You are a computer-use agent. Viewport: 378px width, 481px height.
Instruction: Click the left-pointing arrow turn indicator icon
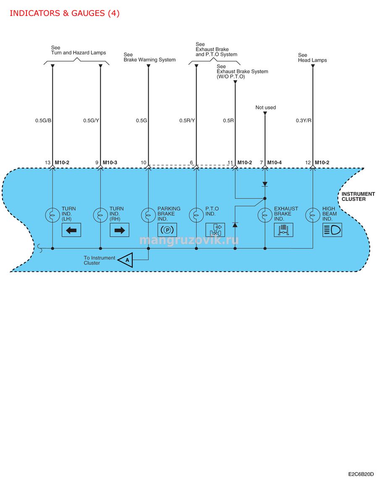[x=71, y=230]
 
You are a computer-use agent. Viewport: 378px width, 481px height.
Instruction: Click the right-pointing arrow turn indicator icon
[x=120, y=230]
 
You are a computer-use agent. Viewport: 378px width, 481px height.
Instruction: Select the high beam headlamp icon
[x=332, y=230]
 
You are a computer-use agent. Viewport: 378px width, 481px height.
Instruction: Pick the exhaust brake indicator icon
[x=283, y=230]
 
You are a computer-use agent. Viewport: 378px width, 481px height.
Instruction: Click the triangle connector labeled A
[x=126, y=260]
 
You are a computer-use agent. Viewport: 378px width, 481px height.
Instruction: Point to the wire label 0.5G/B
[x=43, y=120]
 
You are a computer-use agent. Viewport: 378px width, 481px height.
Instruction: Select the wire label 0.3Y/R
[x=304, y=120]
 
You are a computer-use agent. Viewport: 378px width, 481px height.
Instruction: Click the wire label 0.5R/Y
[x=187, y=120]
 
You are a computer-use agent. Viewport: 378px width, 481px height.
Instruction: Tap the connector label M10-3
[x=110, y=163]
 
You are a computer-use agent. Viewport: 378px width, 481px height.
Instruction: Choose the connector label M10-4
[x=274, y=163]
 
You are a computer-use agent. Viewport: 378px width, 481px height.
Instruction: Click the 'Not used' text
[x=265, y=107]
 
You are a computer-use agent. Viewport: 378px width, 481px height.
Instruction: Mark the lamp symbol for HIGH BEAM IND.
[x=312, y=216]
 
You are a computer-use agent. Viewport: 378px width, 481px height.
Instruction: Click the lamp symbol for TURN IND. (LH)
[x=52, y=216]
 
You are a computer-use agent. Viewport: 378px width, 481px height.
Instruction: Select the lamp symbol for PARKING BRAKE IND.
[x=148, y=216]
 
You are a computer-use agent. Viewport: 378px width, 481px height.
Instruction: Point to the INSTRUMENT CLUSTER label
[x=358, y=197]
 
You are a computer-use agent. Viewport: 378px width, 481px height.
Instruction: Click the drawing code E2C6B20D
[x=361, y=474]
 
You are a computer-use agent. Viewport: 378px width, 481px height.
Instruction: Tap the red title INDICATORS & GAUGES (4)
[x=65, y=13]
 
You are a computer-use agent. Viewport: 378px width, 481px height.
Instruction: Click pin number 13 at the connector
[x=47, y=163]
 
